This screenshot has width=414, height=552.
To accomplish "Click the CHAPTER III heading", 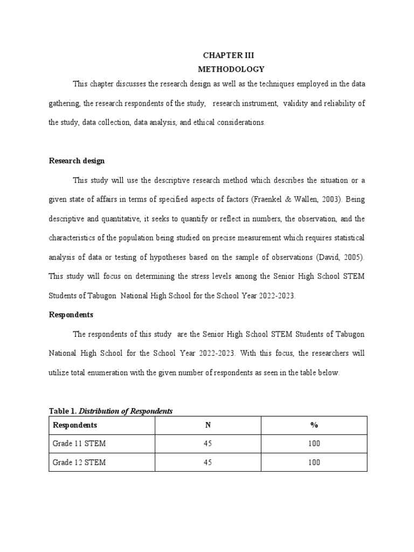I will [227, 56].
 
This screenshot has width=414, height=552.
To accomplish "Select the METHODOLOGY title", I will [231, 69].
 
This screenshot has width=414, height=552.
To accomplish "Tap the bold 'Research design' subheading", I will [77, 161].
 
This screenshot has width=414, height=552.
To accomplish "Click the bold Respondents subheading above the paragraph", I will [71, 314].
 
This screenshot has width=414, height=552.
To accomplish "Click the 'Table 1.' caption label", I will [63, 411].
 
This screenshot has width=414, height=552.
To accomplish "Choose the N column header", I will [208, 425].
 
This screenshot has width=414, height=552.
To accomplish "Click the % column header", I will [314, 425].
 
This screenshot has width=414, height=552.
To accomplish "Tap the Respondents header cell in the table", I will [75, 425].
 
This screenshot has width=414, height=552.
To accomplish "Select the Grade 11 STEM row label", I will [79, 444].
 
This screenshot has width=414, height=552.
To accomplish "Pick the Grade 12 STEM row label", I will [79, 463].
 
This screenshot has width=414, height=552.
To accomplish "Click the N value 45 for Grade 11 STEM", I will [208, 444].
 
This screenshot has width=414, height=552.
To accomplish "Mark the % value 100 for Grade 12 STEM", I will [314, 463].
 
